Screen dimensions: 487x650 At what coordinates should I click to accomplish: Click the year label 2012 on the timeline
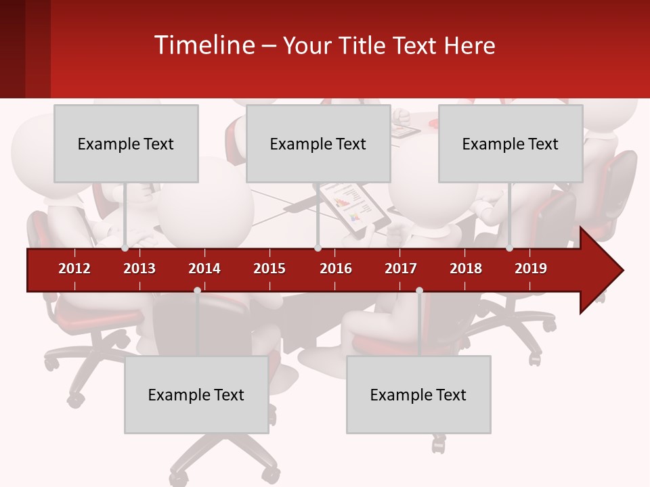(74, 269)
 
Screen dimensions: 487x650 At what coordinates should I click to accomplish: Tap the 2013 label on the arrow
(139, 269)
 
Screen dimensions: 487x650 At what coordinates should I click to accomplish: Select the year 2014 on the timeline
(204, 269)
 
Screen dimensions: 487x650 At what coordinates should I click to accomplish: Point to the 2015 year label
(269, 269)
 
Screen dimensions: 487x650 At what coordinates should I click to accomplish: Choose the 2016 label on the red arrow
(336, 269)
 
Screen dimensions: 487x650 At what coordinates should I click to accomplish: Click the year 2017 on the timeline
(401, 269)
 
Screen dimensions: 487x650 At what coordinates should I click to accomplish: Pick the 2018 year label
(466, 269)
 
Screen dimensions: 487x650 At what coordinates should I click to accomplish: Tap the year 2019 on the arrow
(531, 269)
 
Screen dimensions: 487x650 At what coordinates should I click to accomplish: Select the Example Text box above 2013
(126, 143)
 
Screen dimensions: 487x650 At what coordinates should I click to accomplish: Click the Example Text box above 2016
(318, 143)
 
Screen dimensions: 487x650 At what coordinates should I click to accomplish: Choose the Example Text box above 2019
(511, 143)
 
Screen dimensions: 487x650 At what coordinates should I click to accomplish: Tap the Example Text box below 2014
(196, 394)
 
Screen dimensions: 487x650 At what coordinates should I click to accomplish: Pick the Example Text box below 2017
(418, 394)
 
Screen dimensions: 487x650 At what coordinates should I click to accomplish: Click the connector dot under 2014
(197, 290)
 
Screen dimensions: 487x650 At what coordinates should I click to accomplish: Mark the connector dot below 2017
(419, 290)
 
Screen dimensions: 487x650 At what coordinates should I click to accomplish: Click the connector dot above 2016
(318, 248)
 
